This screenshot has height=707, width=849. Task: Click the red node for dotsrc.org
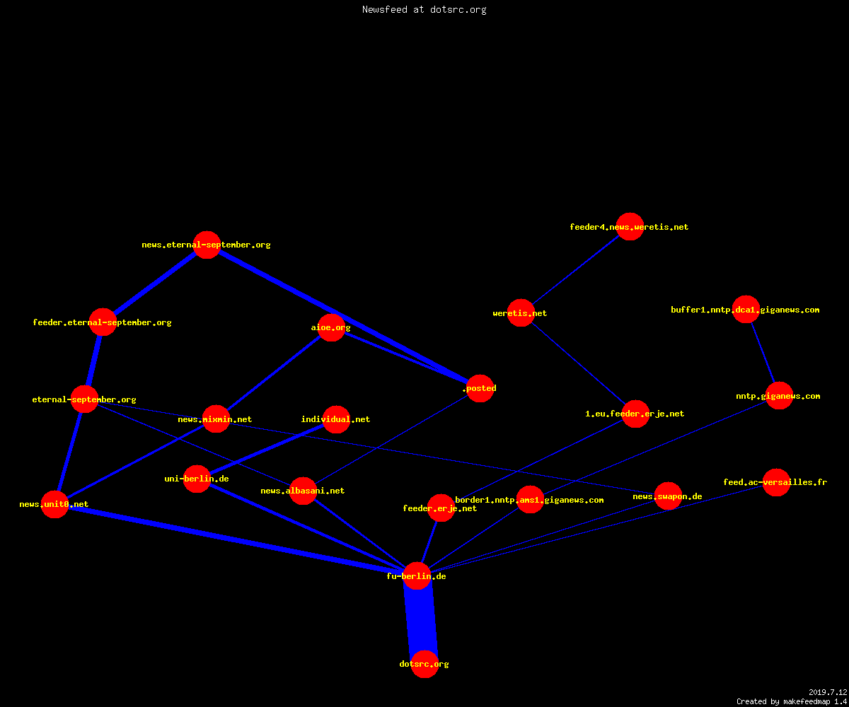424,664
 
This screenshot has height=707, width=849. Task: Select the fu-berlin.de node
417,575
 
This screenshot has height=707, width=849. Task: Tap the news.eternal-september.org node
207,245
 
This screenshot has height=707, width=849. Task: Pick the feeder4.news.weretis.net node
630,226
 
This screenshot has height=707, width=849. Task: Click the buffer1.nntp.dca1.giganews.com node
746,309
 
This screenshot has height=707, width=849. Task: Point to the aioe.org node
331,327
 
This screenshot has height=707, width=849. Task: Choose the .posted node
480,388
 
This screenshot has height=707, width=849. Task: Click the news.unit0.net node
55,504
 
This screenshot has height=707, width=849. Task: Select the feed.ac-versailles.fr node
776,482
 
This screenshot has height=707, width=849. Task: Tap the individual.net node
336,419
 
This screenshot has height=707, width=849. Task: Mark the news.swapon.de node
668,496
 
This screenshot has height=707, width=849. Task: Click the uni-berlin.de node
197,479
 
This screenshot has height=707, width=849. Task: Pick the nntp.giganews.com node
779,395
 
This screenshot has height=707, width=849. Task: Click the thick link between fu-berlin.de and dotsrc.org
421,620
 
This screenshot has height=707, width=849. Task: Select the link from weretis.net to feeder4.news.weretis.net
575,270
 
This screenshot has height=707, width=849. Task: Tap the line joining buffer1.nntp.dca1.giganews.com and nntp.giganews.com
763,353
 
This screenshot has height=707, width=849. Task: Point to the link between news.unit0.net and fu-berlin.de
236,540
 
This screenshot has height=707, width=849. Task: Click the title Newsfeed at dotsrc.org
424,10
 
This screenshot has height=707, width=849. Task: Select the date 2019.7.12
828,692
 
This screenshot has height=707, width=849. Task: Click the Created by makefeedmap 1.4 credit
792,702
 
